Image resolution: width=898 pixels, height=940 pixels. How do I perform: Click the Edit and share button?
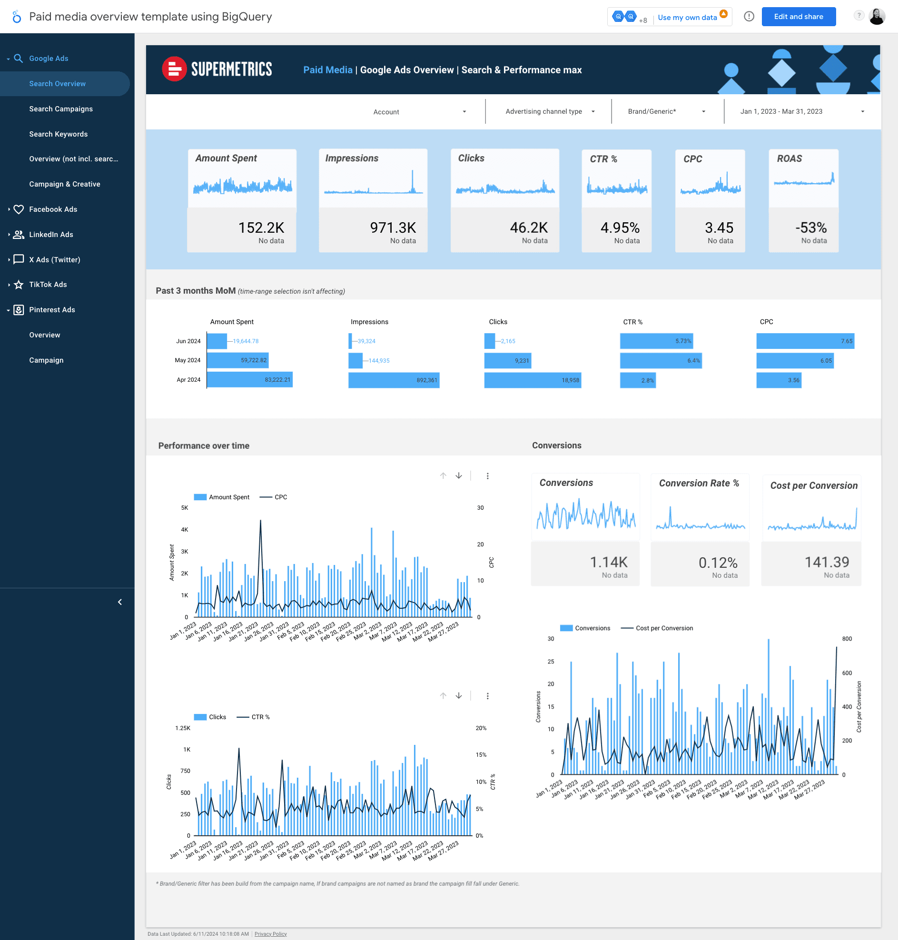point(798,17)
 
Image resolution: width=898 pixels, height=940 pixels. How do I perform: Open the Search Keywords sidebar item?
point(59,134)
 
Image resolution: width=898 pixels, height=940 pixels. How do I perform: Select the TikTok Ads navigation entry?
point(48,284)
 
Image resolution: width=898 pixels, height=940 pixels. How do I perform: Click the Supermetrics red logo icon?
point(174,69)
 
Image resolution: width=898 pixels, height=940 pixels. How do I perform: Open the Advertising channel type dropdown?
point(549,111)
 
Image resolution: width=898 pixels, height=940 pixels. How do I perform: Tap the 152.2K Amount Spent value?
point(261,228)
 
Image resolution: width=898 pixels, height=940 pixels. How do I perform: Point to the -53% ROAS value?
point(810,228)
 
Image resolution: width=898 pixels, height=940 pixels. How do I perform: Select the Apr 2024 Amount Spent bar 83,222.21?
point(249,380)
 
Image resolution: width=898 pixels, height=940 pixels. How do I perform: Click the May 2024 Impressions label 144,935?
point(379,361)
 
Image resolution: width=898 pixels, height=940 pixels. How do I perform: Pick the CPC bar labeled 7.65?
point(805,341)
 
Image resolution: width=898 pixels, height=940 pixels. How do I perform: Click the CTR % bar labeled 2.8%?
point(638,380)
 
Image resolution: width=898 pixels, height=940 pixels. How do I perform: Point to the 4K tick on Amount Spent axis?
point(184,529)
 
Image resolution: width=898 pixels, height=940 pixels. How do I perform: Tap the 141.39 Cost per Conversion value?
point(826,562)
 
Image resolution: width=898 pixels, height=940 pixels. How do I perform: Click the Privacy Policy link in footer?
point(270,934)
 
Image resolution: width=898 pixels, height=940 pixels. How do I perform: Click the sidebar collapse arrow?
point(119,602)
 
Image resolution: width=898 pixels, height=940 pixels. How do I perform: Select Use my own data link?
point(687,17)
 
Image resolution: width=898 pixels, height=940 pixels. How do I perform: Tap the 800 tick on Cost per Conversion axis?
point(846,638)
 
